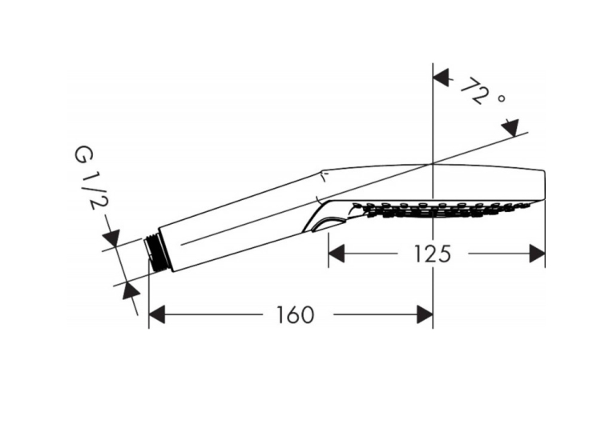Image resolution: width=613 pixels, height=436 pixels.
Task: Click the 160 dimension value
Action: tap(296, 314)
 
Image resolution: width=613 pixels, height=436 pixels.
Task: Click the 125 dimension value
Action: tap(432, 254)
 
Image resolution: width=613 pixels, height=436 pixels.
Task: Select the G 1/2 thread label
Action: tap(90, 178)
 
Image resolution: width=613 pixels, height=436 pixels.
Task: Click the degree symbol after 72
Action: tap(502, 99)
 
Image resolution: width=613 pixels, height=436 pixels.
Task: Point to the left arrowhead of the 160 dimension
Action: tap(157, 314)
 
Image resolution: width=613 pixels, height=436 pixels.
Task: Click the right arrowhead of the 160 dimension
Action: tap(425, 314)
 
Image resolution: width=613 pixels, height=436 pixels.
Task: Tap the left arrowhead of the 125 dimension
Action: tap(337, 254)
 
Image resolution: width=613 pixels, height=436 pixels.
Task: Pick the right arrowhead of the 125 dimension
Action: tap(537, 254)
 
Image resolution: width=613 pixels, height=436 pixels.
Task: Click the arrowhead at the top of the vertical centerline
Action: tap(441, 78)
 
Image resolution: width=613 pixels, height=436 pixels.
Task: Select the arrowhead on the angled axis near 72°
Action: tap(510, 129)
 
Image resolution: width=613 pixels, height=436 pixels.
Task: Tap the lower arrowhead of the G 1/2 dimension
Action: tap(131, 290)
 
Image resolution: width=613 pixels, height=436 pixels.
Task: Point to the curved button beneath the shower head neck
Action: tap(328, 224)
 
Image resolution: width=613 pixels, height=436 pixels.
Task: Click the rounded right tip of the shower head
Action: tap(544, 186)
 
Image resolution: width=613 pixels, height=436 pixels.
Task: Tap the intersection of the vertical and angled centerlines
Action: tap(433, 164)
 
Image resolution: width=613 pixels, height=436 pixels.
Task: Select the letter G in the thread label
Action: tap(84, 155)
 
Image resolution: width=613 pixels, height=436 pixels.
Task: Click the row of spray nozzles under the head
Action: tap(442, 210)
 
